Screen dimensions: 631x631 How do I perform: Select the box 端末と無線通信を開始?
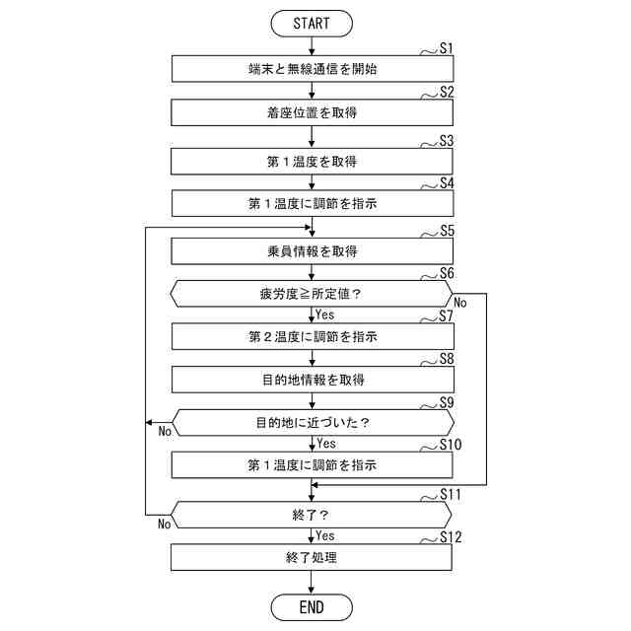pos(313,69)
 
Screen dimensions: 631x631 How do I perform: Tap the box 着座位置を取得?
pos(313,112)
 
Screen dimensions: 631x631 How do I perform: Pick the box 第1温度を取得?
pos(313,161)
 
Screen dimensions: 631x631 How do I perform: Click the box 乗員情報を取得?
pos(313,250)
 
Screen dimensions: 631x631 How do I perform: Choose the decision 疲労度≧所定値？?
pos(312,294)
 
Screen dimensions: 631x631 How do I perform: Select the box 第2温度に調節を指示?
pos(313,337)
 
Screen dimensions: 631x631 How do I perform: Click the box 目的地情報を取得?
pos(313,380)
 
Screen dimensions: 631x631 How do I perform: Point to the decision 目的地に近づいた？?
pos(312,423)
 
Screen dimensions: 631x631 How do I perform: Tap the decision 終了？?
pos(312,514)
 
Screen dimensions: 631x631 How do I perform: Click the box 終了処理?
pos(313,557)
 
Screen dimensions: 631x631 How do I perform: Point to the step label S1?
pos(446,47)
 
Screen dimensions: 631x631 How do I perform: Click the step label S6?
pos(446,273)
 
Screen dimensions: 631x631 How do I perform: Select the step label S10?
pos(450,445)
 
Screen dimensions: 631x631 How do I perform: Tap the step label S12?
pos(450,537)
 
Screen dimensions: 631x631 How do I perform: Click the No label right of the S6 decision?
pos(460,303)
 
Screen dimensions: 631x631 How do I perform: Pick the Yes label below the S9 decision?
pos(326,444)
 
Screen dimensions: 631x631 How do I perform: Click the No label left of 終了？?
pos(165,524)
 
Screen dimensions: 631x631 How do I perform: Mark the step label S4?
pos(446,183)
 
